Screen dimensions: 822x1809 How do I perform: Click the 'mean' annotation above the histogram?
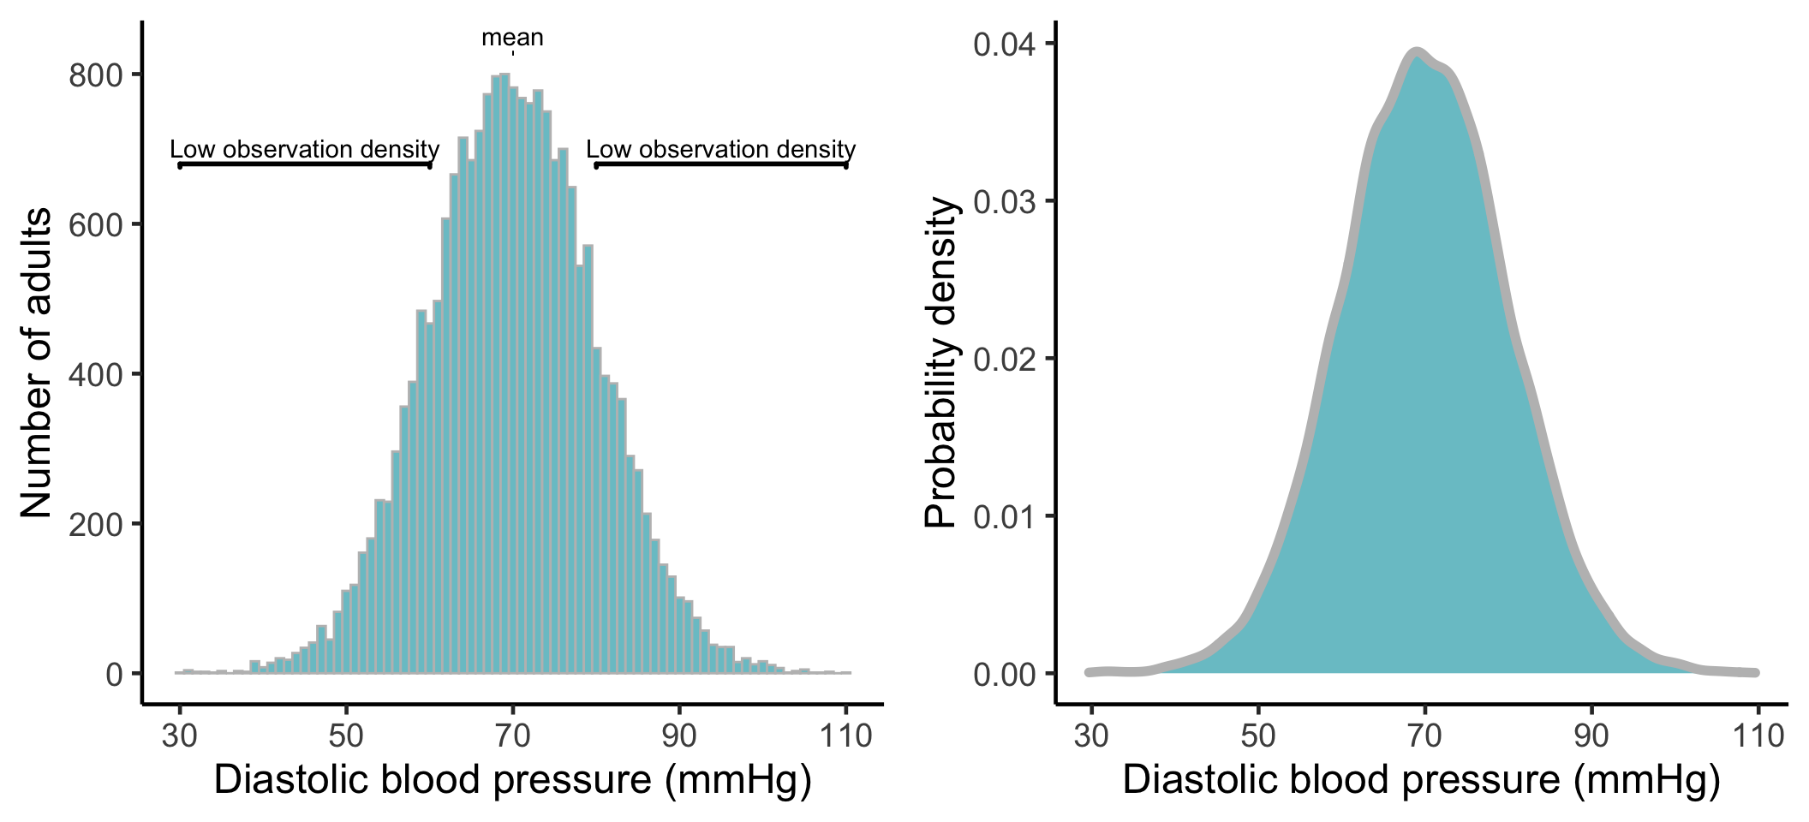(x=512, y=39)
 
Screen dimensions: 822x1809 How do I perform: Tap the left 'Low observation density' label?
(x=304, y=149)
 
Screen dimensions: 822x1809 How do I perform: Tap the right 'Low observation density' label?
(x=720, y=149)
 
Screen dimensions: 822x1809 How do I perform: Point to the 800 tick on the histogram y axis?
(x=95, y=75)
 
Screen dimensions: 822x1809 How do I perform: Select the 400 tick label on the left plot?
(x=95, y=375)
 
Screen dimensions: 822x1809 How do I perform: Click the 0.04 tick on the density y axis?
(x=1007, y=44)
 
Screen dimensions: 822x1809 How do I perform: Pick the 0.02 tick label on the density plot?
(x=1007, y=359)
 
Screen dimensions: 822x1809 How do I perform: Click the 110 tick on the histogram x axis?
(x=845, y=735)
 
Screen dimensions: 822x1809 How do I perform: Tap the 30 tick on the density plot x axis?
(x=1091, y=735)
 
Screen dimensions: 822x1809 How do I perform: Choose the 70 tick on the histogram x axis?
(x=512, y=735)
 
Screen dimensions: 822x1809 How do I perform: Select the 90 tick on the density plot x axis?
(x=1591, y=735)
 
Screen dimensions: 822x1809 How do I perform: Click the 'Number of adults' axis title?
(x=36, y=363)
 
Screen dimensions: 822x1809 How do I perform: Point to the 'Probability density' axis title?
(x=940, y=363)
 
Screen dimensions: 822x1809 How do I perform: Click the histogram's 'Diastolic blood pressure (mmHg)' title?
(x=512, y=780)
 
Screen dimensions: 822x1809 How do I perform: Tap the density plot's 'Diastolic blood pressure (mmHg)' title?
(x=1421, y=780)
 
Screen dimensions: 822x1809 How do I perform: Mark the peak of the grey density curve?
(x=1417, y=53)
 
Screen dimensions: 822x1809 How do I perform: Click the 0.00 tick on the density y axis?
(x=1007, y=674)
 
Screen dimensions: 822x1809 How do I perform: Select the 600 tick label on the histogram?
(x=95, y=225)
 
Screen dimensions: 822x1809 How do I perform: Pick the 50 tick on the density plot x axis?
(x=1257, y=735)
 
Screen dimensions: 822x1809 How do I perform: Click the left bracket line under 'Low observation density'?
(x=304, y=164)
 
